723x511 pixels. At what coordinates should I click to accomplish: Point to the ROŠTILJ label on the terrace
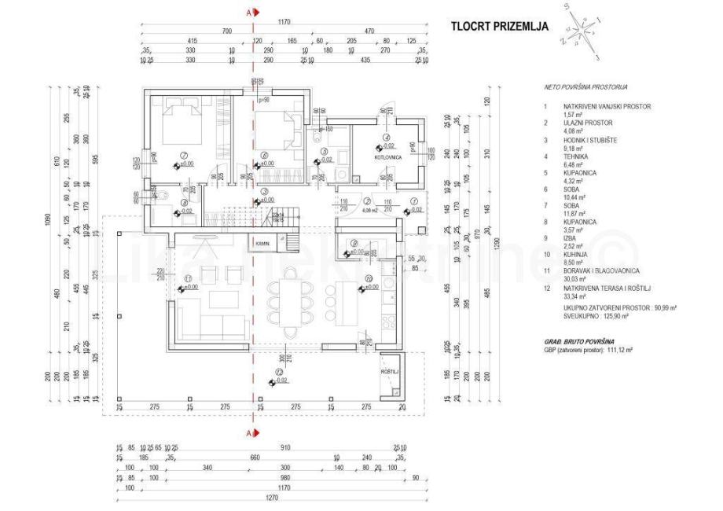click(390, 371)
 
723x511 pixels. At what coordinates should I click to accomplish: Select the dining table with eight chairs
click(284, 302)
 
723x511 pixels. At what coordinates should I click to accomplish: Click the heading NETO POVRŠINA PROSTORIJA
click(585, 87)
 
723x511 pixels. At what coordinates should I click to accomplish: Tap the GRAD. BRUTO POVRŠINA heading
click(579, 341)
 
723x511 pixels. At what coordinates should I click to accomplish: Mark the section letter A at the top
click(250, 13)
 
